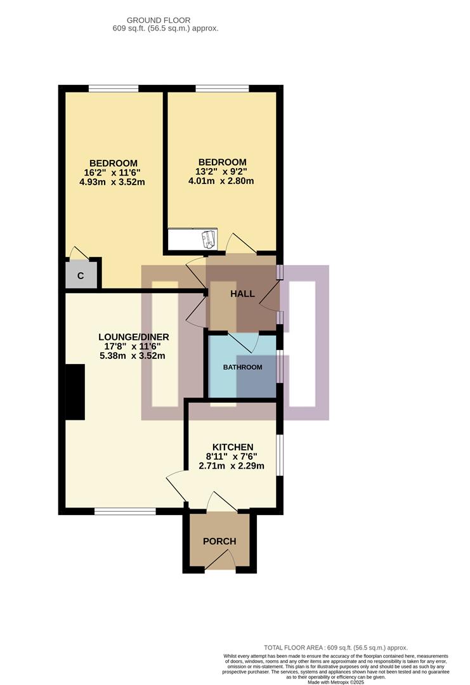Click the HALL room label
tap(243, 294)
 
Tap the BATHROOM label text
tap(242, 367)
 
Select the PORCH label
tap(219, 541)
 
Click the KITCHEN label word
tap(233, 447)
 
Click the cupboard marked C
tap(81, 275)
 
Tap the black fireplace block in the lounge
tap(75, 392)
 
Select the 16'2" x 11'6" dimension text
tap(113, 173)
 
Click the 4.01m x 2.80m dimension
tap(221, 181)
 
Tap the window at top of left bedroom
tap(114, 89)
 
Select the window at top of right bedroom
tap(222, 89)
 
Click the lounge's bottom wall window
tap(125, 511)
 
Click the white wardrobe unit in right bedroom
tap(192, 238)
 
